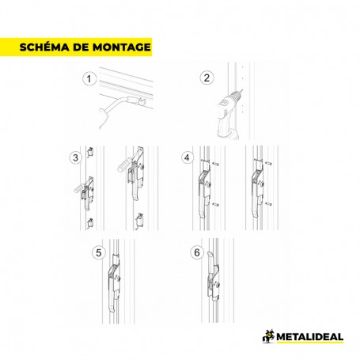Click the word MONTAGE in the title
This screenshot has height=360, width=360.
click(x=122, y=47)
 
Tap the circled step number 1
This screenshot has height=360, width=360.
click(x=89, y=79)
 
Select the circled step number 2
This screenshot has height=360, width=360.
click(x=207, y=78)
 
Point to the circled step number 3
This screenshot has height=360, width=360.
click(x=76, y=157)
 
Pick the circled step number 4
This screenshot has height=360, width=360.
click(x=188, y=157)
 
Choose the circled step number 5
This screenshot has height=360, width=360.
click(x=99, y=252)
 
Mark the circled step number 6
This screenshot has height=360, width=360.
click(x=197, y=252)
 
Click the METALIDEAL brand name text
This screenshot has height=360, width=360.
click(x=310, y=337)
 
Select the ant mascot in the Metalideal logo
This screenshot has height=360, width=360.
click(x=268, y=336)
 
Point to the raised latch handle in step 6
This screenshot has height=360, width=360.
click(x=210, y=263)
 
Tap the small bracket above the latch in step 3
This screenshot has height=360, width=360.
click(x=90, y=152)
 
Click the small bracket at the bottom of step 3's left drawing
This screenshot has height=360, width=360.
click(x=90, y=223)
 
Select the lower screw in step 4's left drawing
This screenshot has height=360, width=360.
click(x=215, y=204)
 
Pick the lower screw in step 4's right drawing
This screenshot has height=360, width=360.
click(x=268, y=204)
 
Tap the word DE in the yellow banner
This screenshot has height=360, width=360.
click(x=81, y=47)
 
